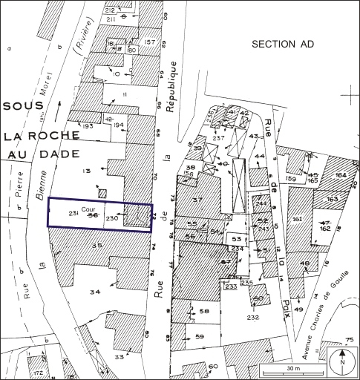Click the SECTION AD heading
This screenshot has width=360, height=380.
(283, 45)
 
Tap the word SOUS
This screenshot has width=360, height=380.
(24, 106)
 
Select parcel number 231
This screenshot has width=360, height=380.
(74, 214)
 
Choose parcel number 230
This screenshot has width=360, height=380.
(113, 219)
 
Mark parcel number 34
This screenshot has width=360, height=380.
(95, 292)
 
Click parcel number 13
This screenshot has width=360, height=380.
(86, 171)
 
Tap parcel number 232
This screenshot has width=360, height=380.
(253, 317)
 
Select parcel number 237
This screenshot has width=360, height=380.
(218, 139)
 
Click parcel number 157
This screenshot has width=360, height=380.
(150, 42)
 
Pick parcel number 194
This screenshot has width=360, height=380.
(117, 126)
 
